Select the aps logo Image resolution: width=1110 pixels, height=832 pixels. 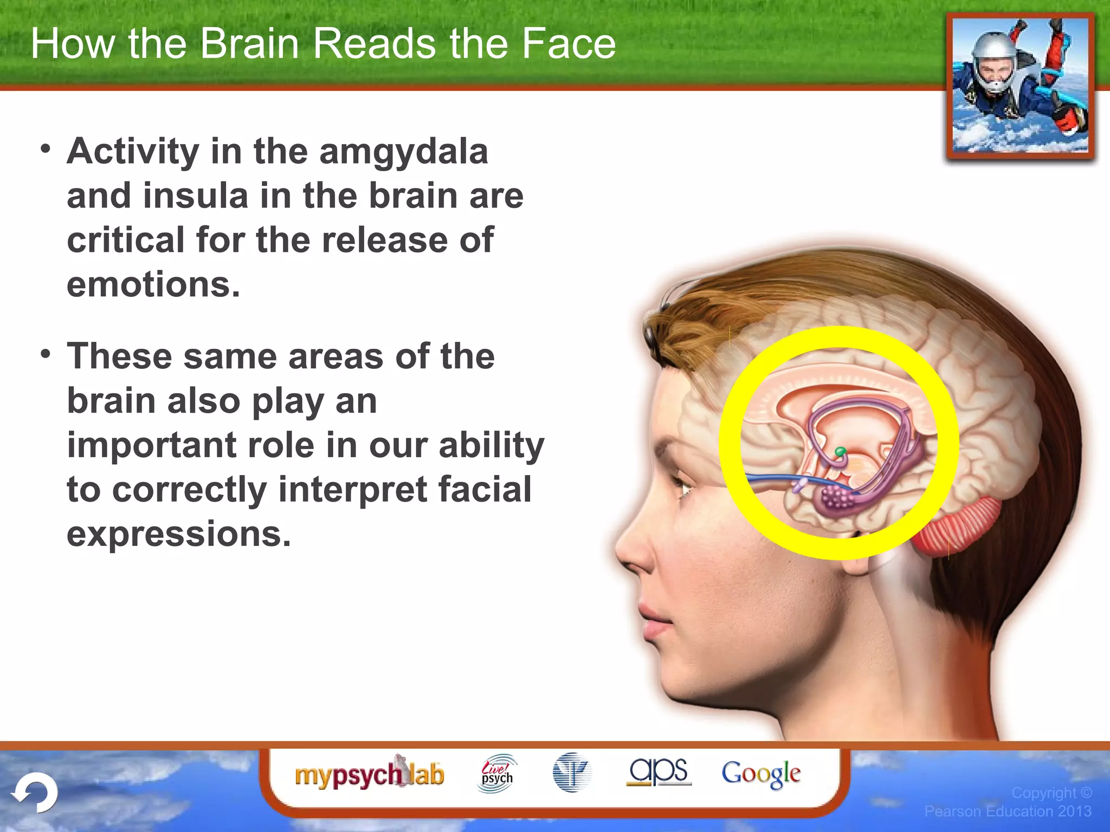click(x=659, y=771)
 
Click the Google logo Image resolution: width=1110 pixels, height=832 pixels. click(x=761, y=773)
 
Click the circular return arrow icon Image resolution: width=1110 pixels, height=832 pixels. click(x=35, y=792)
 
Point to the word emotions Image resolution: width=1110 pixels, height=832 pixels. click(x=153, y=285)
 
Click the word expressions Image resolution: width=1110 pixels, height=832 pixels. click(x=179, y=534)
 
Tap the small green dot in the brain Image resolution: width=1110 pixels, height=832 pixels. click(x=841, y=451)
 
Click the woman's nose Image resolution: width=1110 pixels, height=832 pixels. click(x=631, y=547)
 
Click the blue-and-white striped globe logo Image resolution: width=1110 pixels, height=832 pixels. click(x=572, y=773)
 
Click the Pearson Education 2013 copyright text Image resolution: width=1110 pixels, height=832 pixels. click(x=1008, y=811)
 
